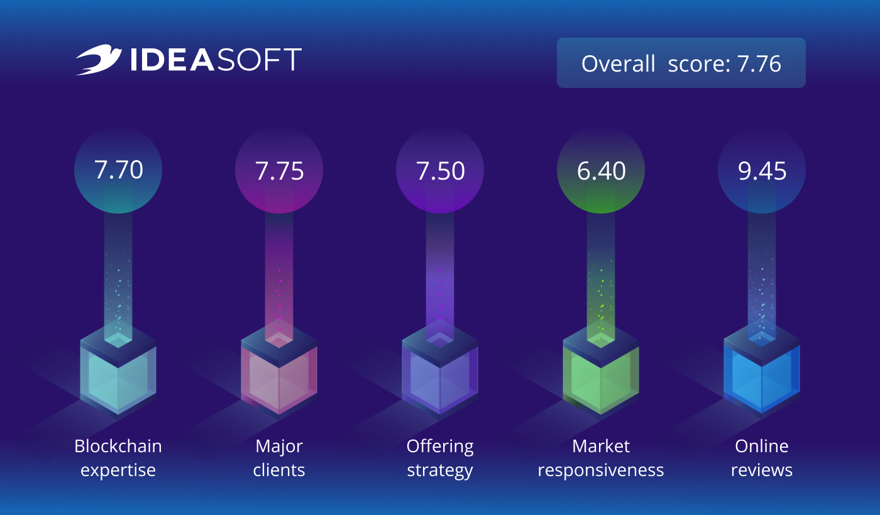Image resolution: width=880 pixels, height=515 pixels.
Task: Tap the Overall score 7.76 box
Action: click(681, 63)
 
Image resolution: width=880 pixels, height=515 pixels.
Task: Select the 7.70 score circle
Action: click(118, 170)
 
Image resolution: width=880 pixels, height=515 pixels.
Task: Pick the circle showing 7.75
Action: click(279, 170)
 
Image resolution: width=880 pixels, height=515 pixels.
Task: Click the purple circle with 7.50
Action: click(440, 170)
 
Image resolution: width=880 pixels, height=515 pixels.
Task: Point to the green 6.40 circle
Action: click(601, 170)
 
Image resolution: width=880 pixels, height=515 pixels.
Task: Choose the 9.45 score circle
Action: click(762, 170)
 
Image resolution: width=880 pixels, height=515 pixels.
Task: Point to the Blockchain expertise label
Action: click(118, 458)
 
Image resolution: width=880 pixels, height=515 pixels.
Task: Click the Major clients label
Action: click(279, 458)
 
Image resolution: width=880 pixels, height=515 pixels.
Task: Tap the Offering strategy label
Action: click(440, 458)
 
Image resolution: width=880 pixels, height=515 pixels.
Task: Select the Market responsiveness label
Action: click(601, 458)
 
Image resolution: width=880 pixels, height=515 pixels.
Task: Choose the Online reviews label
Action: click(762, 458)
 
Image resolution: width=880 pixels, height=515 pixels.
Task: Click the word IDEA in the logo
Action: click(172, 60)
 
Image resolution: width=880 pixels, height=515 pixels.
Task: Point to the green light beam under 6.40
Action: click(601, 276)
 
